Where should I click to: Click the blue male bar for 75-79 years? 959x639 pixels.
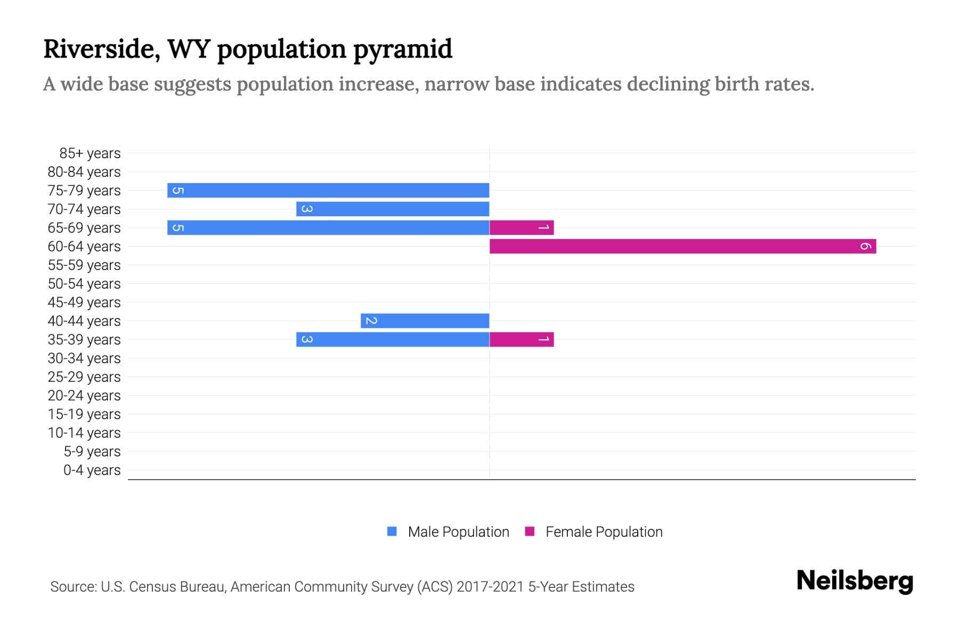pos(328,190)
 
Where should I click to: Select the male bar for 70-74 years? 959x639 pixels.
pos(393,209)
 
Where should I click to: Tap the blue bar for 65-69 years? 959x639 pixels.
pos(328,227)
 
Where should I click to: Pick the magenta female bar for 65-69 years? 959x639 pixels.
pos(522,227)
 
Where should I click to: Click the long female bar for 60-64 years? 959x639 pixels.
pos(682,246)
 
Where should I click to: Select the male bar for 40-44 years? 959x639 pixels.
pos(425,321)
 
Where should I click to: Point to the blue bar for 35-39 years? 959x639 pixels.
pos(393,339)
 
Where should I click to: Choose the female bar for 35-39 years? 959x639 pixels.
pos(522,339)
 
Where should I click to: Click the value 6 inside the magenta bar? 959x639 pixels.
pos(865,246)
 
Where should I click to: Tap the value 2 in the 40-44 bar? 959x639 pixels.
pos(371,321)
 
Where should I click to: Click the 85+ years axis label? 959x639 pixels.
pos(90,153)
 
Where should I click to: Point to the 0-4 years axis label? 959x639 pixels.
pos(92,470)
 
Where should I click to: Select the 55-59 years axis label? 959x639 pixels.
pos(84,265)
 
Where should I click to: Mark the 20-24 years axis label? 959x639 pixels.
pos(84,396)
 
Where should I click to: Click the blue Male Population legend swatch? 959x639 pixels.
pos(392,531)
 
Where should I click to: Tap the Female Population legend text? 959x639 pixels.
pos(604,532)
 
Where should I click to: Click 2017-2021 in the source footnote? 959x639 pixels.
pos(490,587)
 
